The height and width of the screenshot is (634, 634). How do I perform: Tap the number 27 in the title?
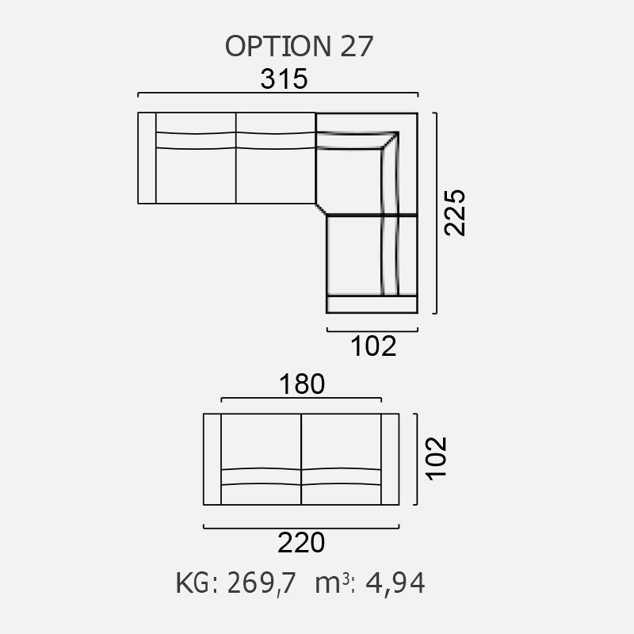(x=356, y=46)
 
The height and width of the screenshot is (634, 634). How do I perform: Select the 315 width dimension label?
(x=284, y=79)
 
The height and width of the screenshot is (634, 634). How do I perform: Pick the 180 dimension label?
(x=301, y=384)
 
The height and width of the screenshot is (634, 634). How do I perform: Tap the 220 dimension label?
(x=301, y=544)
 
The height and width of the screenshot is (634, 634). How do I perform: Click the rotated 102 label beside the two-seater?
(x=437, y=457)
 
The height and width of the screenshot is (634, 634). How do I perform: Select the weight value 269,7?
(x=262, y=584)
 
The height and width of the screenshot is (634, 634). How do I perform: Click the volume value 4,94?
(x=391, y=584)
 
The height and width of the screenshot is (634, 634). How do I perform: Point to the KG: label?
(x=197, y=584)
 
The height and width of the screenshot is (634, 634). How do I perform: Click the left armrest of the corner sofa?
(x=147, y=158)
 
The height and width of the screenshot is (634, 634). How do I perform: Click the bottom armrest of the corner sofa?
(x=372, y=304)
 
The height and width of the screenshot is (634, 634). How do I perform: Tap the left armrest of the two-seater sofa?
(x=212, y=459)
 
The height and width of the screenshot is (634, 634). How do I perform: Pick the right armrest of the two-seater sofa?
(x=390, y=459)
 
